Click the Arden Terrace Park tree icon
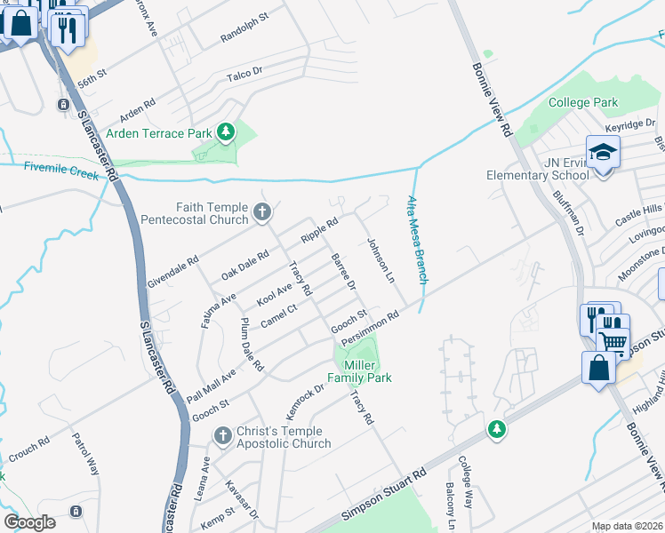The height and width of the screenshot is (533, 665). tap(227, 133)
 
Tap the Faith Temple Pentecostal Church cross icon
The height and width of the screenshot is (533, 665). tap(261, 212)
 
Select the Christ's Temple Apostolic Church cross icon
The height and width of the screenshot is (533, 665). tap(223, 434)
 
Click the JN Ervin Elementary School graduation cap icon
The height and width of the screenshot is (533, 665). tap(602, 152)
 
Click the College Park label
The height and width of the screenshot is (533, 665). tap(582, 102)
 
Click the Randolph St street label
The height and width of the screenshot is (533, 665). tap(244, 30)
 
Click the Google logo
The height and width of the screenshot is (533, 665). tap(29, 521)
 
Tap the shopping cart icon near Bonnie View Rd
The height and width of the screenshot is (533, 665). tap(613, 341)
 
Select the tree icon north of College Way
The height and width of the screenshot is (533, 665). tap(496, 430)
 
